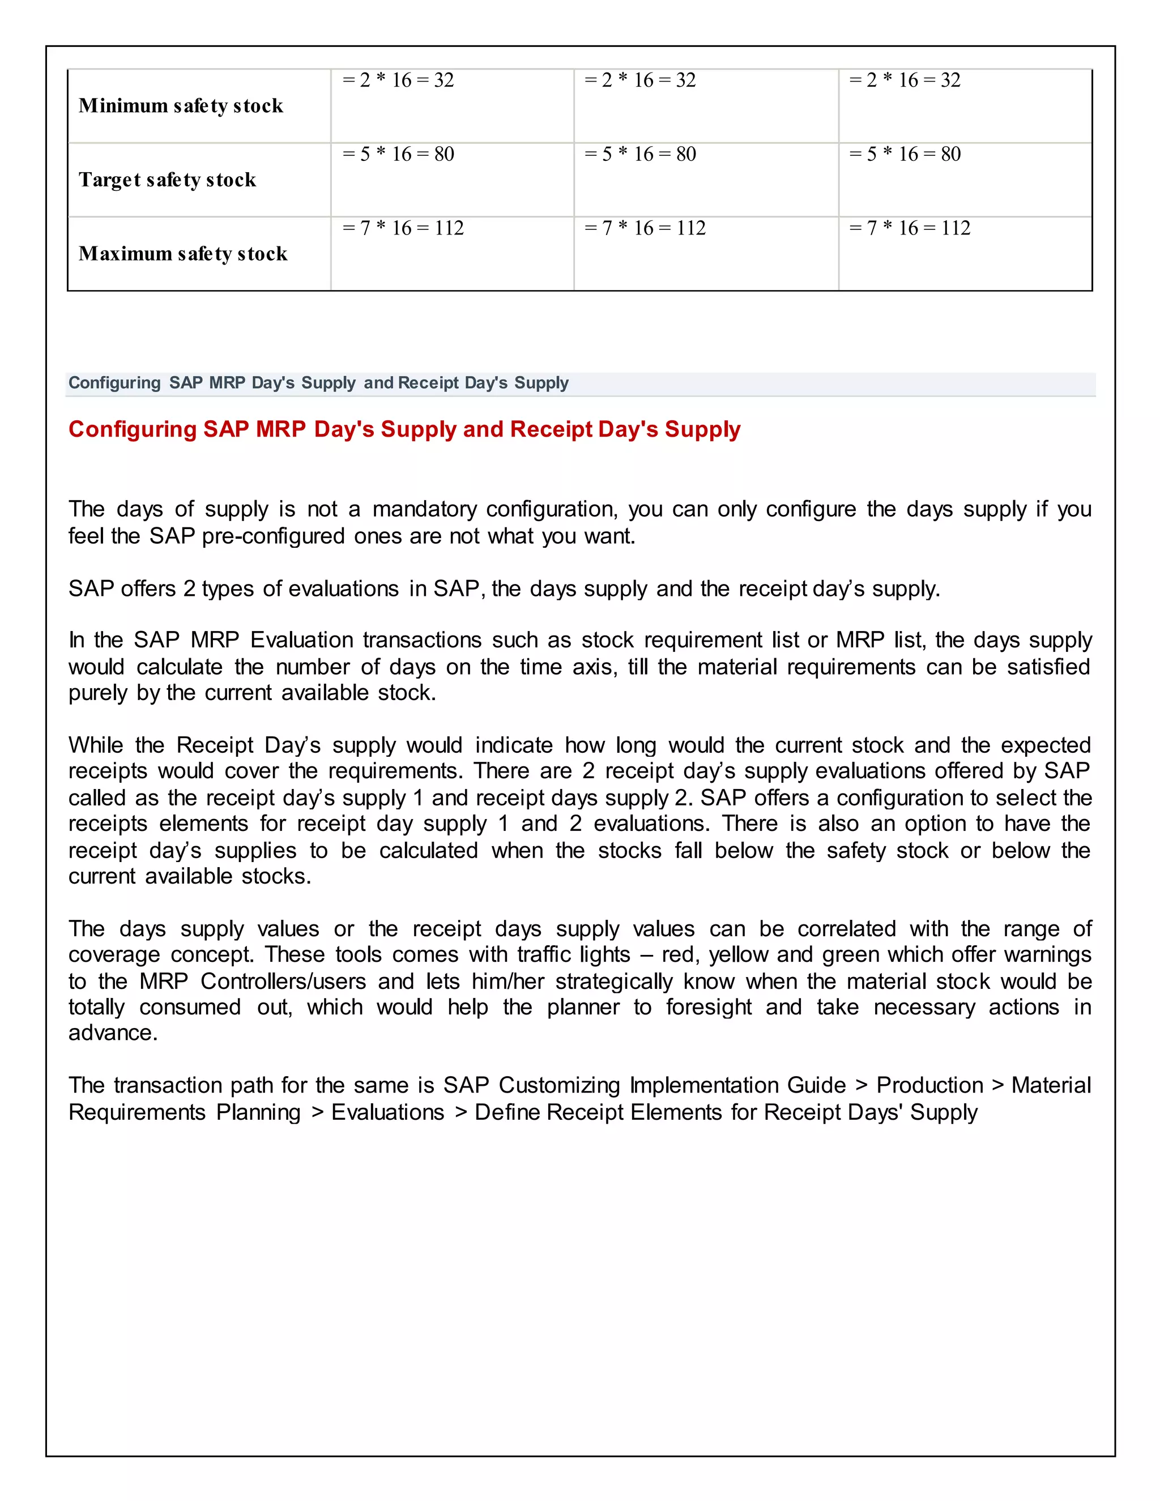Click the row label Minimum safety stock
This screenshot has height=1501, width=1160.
[x=181, y=106]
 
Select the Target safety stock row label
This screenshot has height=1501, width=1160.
[x=167, y=180]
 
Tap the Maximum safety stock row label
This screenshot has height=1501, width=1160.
[x=183, y=254]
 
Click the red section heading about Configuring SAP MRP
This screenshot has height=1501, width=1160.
[x=404, y=429]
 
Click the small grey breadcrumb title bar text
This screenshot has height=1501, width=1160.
[x=318, y=383]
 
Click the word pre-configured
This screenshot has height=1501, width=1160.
[x=273, y=536]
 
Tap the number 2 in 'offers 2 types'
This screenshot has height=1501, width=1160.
[x=189, y=589]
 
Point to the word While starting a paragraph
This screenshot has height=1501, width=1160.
[x=96, y=745]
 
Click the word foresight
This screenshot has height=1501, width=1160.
[x=709, y=1008]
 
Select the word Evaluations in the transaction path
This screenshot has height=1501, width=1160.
[x=387, y=1112]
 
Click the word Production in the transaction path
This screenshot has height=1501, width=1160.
[x=930, y=1085]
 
